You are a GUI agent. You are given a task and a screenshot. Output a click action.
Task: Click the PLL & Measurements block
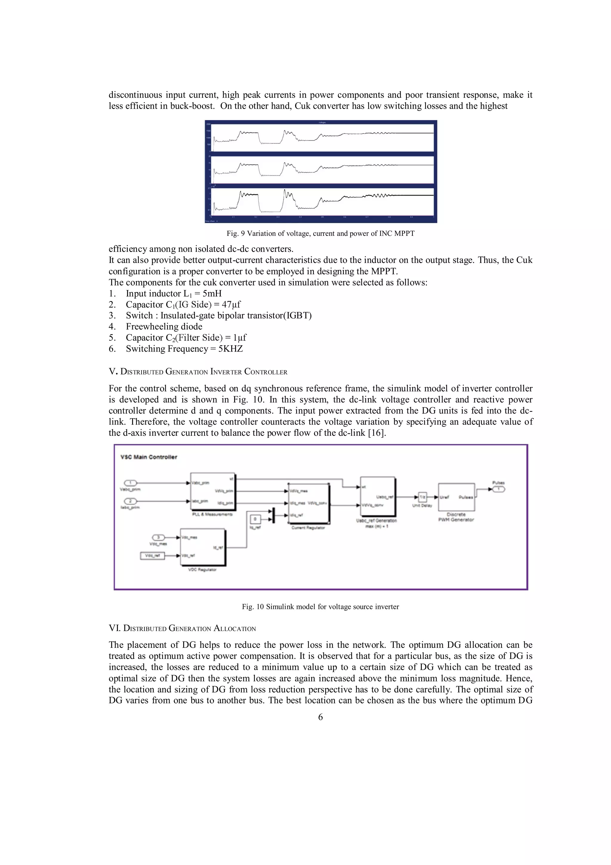213,492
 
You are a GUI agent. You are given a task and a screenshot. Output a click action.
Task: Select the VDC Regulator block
203,547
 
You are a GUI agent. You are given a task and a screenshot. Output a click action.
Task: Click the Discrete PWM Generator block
456,497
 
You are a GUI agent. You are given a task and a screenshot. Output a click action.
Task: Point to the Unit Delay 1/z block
422,497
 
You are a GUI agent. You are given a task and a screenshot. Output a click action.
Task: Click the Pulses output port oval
499,489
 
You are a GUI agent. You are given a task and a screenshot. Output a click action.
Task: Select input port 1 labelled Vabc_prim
131,483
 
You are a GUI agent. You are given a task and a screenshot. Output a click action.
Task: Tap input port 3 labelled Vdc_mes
158,537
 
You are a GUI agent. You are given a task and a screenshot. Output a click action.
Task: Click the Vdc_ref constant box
152,555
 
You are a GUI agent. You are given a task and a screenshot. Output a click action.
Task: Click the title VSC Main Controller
149,457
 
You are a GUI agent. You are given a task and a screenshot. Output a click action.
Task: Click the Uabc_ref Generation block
378,497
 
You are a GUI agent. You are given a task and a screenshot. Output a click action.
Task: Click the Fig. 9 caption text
320,234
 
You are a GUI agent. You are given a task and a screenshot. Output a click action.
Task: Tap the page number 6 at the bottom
320,717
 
